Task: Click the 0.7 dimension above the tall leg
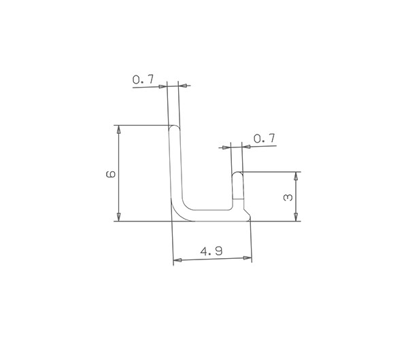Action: tap(143, 79)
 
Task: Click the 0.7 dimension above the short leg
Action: tap(265, 139)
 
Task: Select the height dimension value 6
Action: tap(111, 174)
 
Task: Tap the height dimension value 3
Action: tap(288, 198)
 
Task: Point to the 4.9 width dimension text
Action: tap(211, 251)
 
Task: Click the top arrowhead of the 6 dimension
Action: tap(118, 129)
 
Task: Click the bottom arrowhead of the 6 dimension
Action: tap(118, 217)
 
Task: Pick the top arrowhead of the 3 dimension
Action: tap(296, 176)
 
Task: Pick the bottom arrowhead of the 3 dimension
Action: tap(296, 217)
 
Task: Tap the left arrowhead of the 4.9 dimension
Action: tap(177, 260)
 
